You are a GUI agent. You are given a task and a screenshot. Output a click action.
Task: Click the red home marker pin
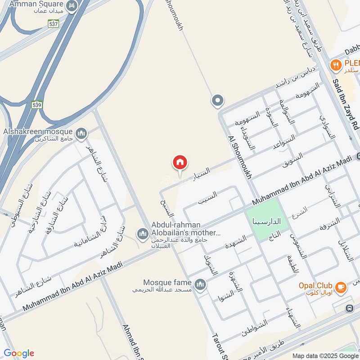tap(180, 163)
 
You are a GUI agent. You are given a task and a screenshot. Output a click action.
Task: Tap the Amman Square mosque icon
tap(71, 6)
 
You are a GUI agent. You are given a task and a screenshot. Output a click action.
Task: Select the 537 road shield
tap(54, 23)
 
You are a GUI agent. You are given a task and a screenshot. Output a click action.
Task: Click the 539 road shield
tap(37, 105)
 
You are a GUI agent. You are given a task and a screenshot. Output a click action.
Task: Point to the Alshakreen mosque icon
tap(81, 133)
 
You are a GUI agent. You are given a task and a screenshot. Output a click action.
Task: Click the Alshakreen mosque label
tap(38, 131)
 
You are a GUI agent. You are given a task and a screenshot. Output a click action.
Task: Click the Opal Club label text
tap(315, 286)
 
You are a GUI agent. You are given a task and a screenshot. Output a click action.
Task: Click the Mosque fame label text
tap(167, 283)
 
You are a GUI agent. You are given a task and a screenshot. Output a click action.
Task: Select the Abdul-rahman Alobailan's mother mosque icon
tap(143, 234)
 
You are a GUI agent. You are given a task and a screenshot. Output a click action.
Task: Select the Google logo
tap(19, 353)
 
